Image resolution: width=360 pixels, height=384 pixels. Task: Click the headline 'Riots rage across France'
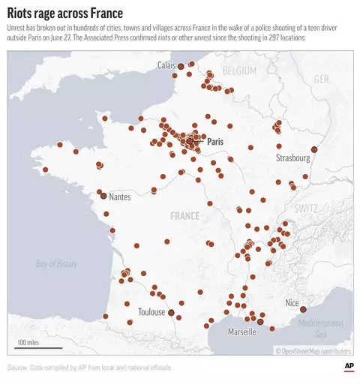(x=65, y=13)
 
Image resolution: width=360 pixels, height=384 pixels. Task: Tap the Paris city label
(x=215, y=141)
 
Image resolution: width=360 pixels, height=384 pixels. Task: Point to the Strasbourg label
(x=292, y=158)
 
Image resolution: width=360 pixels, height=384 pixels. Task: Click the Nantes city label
(x=120, y=197)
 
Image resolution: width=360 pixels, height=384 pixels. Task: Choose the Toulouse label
(x=151, y=312)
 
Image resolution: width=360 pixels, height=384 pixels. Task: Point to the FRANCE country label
(x=185, y=216)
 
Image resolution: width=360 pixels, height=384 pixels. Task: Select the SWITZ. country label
(x=307, y=208)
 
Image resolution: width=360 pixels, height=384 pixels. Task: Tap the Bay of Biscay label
(x=57, y=263)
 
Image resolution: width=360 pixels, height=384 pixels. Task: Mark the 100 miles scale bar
(x=29, y=346)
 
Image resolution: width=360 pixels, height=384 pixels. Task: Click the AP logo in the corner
(x=349, y=365)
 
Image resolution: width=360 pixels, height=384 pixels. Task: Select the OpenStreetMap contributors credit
(x=313, y=350)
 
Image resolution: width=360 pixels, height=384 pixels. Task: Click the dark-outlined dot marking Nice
(x=304, y=309)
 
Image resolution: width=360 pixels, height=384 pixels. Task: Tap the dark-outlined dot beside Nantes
(x=103, y=195)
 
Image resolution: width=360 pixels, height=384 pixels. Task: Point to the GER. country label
(x=322, y=79)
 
